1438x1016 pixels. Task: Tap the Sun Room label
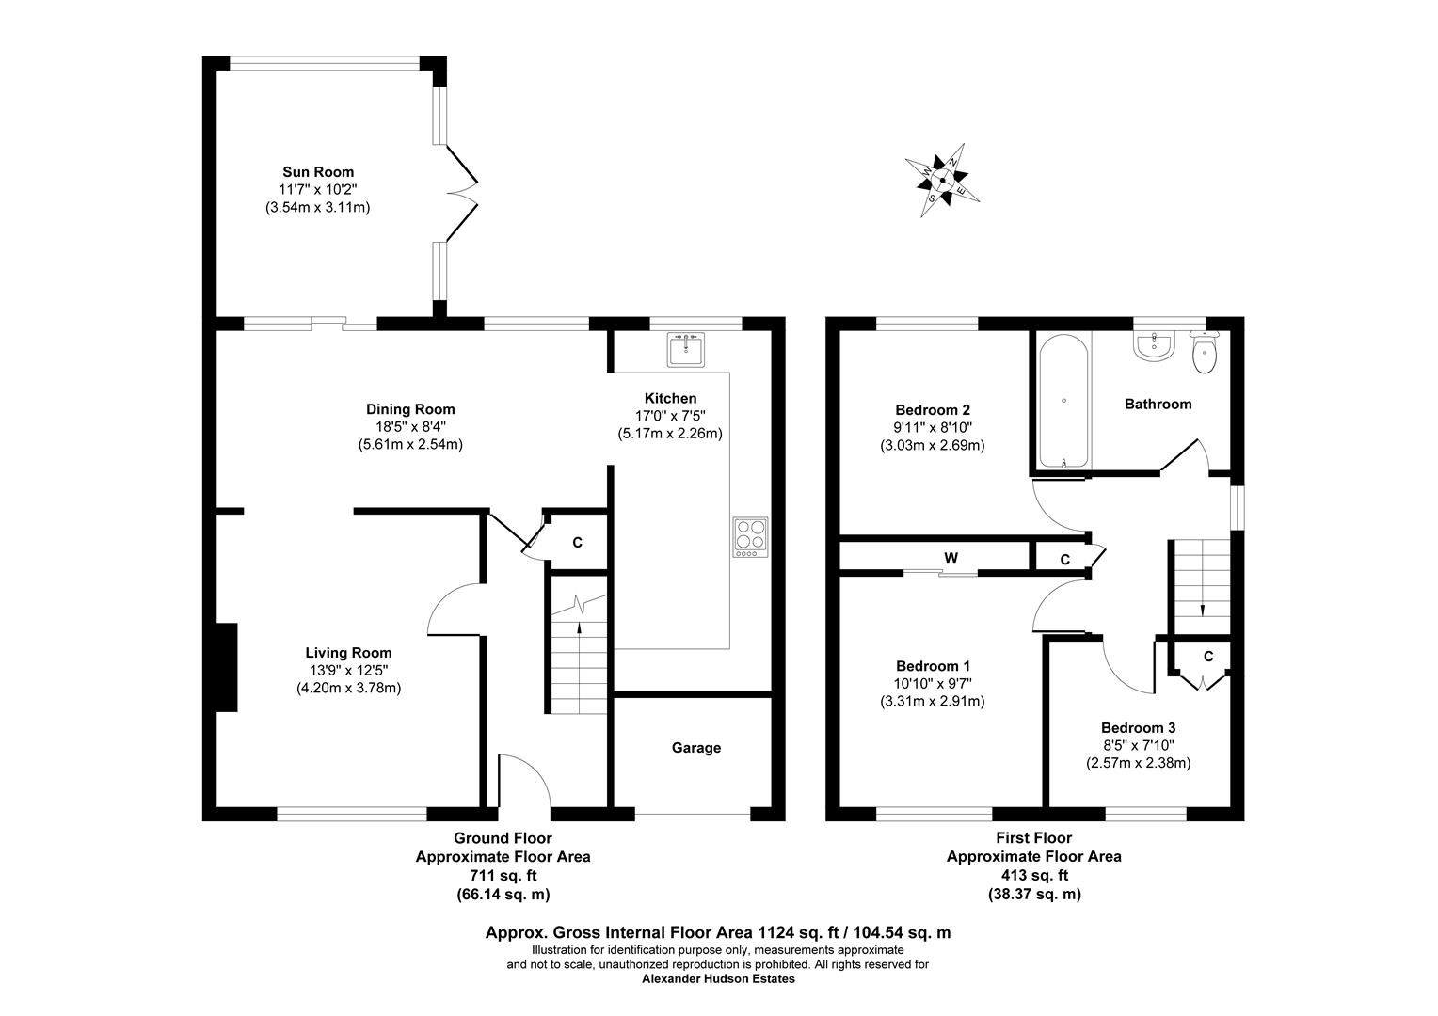coord(318,172)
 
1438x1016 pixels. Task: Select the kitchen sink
coord(686,349)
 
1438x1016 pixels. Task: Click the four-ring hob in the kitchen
coord(750,537)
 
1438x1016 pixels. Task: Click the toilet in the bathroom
coord(1204,352)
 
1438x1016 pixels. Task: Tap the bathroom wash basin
coord(1153,347)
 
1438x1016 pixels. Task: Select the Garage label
coord(695,748)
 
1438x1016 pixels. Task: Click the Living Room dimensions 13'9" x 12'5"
coord(348,670)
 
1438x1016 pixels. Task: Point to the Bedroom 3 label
coord(1138,728)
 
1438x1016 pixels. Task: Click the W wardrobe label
coord(951,558)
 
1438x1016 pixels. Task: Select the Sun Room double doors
coord(461,193)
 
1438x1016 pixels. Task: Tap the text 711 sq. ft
coord(503,876)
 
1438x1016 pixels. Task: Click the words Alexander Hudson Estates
coord(717,978)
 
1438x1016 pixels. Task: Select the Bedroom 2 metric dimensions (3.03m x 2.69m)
coord(932,445)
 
